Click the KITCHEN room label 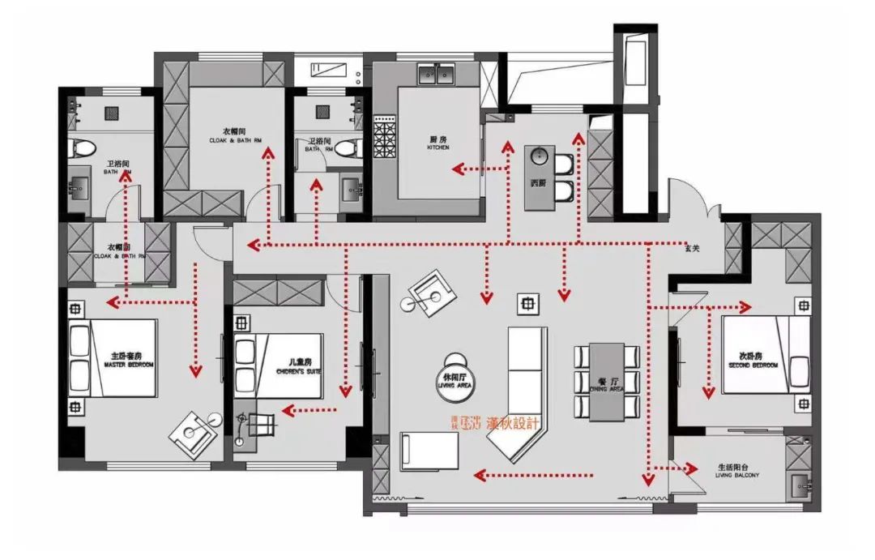[438, 143]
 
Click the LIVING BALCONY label [737, 471]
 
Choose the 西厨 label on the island [539, 184]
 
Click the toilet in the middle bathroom [348, 148]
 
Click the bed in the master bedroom [111, 357]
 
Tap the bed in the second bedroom [766, 354]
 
